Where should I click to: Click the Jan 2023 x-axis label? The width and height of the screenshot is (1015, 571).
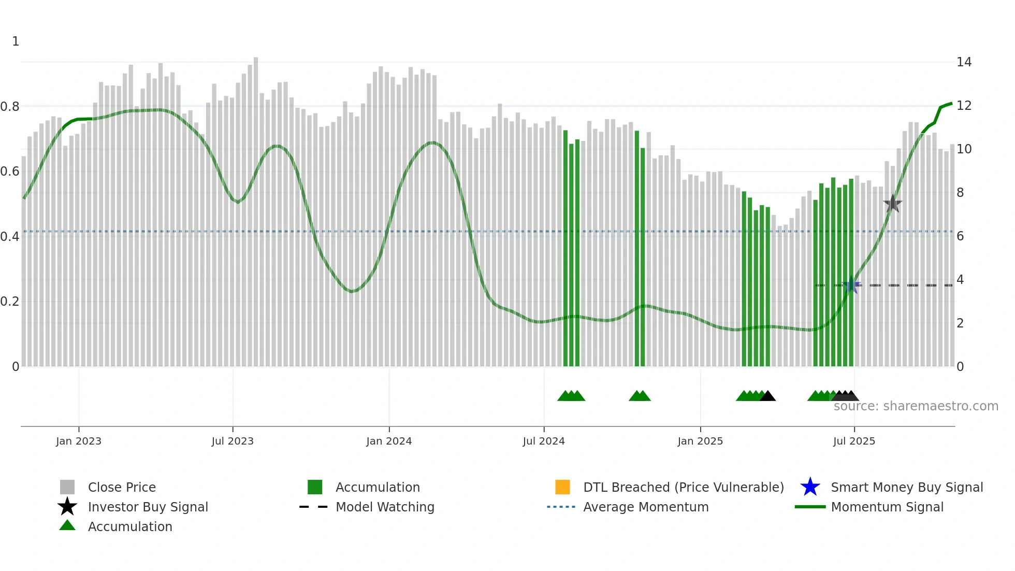click(x=79, y=441)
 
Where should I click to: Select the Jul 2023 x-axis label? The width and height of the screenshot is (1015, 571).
click(x=233, y=441)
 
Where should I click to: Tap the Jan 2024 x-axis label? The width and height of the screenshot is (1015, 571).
click(x=389, y=441)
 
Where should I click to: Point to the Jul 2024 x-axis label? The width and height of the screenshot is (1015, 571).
click(x=544, y=441)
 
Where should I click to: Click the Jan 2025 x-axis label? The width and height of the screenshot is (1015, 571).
click(x=700, y=441)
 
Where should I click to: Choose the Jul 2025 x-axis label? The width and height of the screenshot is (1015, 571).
click(x=854, y=441)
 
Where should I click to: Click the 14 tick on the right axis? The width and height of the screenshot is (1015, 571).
click(x=964, y=62)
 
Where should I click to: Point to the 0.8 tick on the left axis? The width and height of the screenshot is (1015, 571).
click(x=10, y=107)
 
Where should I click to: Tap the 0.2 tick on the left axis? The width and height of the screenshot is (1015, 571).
click(x=10, y=302)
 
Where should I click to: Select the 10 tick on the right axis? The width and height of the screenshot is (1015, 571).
click(x=964, y=149)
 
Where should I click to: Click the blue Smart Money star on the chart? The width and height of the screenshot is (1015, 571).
click(x=851, y=285)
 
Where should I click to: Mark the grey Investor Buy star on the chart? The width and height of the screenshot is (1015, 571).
click(x=892, y=204)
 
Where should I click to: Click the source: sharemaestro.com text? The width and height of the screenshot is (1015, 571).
click(x=916, y=406)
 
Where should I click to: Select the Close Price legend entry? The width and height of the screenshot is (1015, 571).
click(x=122, y=487)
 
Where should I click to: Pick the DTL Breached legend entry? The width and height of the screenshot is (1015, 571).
click(x=683, y=487)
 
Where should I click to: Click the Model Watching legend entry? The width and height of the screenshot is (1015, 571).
click(x=385, y=507)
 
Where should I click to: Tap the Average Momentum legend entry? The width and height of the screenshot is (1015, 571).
click(x=645, y=507)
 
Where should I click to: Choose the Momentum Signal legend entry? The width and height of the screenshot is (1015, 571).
click(x=887, y=507)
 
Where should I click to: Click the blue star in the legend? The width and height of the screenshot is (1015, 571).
click(x=810, y=487)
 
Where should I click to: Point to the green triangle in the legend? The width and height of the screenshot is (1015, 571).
click(x=67, y=525)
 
